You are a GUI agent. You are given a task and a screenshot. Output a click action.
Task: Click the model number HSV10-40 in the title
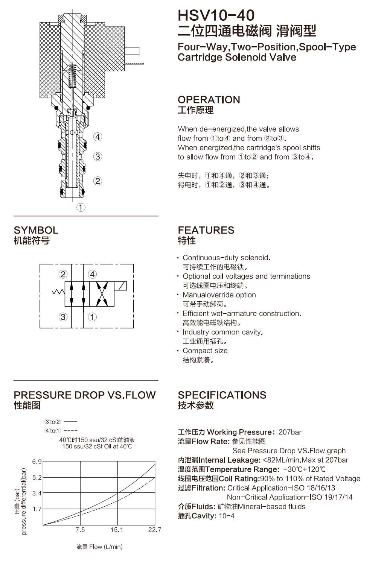tap(216, 15)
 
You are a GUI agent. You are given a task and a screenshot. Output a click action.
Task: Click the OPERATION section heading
tap(209, 100)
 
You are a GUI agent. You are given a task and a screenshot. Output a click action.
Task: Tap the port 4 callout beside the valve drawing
tap(98, 137)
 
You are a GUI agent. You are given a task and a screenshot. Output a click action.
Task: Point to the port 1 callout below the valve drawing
tap(81, 208)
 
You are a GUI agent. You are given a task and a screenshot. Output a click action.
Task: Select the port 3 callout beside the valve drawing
tap(98, 156)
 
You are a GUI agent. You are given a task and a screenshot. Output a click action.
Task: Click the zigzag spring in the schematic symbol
tap(58, 292)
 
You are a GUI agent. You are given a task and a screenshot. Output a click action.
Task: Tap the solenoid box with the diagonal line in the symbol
tap(120, 286)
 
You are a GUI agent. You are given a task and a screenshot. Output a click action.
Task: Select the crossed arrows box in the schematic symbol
tap(102, 294)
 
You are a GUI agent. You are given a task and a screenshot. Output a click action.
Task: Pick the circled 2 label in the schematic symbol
tap(63, 274)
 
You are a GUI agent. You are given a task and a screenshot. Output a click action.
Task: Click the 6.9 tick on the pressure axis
tap(37, 462)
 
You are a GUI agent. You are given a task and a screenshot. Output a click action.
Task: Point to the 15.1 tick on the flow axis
tap(117, 530)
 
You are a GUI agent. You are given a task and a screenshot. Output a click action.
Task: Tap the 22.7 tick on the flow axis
tap(155, 530)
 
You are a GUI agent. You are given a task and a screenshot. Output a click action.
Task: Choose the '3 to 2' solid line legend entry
tap(61, 422)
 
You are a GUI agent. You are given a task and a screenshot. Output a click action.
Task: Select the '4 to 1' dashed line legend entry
tap(61, 431)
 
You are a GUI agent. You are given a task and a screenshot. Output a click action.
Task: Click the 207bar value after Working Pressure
tap(290, 432)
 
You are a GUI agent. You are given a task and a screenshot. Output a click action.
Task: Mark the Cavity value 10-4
tap(227, 516)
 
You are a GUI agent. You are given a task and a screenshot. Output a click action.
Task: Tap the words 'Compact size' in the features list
tap(205, 351)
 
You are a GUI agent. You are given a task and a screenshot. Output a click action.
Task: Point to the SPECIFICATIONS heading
tap(222, 395)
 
